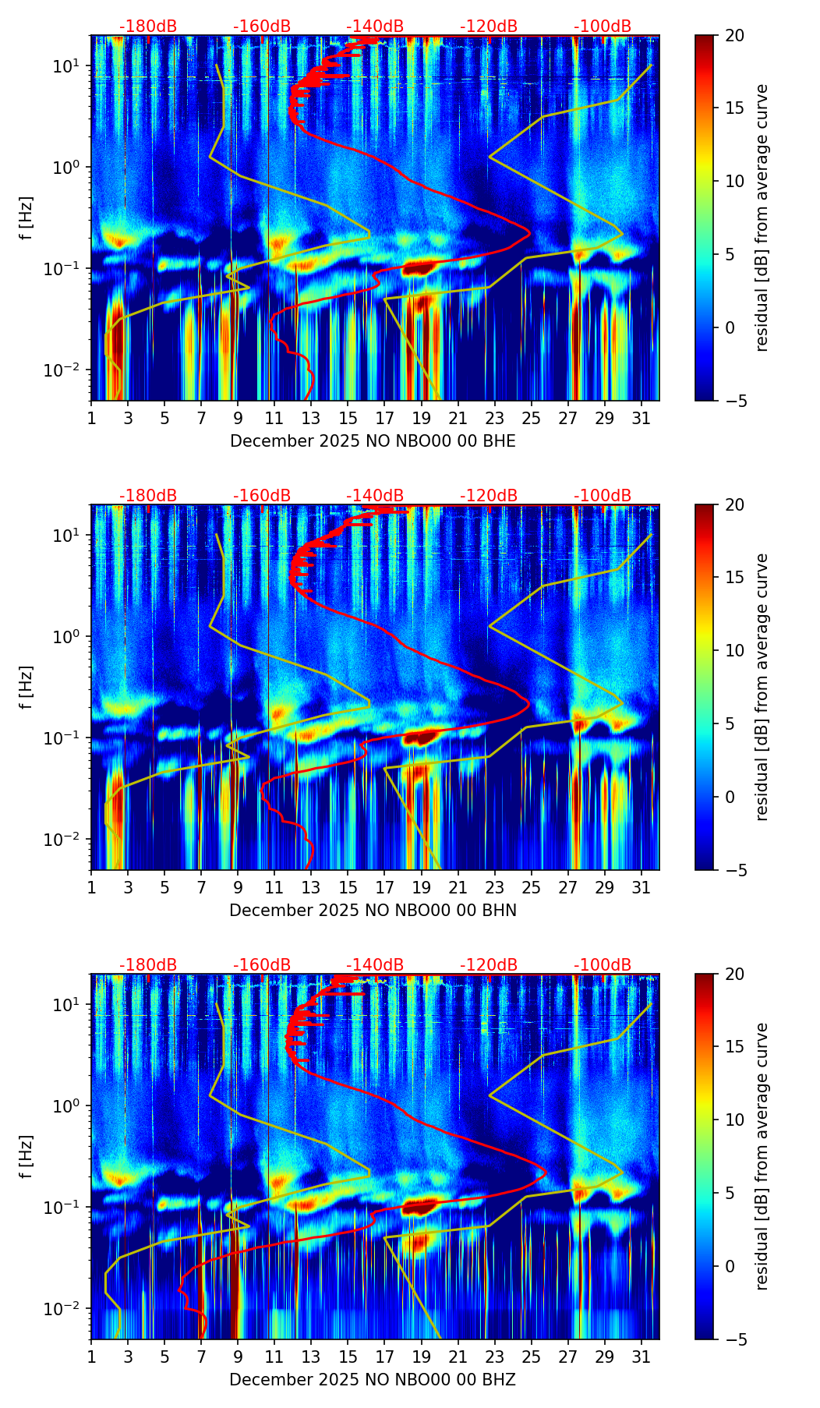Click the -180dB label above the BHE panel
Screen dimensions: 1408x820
(148, 27)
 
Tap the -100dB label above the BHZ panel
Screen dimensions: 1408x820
(603, 965)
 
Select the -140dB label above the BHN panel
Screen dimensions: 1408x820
(375, 496)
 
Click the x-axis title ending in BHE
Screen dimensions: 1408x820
(373, 441)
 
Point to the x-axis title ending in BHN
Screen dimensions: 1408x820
(373, 911)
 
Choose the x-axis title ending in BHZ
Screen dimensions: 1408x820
(373, 1380)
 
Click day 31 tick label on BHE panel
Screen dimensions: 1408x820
(642, 419)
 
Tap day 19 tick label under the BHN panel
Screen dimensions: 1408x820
(421, 888)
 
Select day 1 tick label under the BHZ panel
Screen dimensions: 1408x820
(91, 1357)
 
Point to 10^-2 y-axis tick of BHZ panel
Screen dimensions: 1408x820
(63, 1309)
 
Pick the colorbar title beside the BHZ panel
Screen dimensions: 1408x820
(762, 1156)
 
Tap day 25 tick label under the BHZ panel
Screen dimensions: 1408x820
(531, 1357)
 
